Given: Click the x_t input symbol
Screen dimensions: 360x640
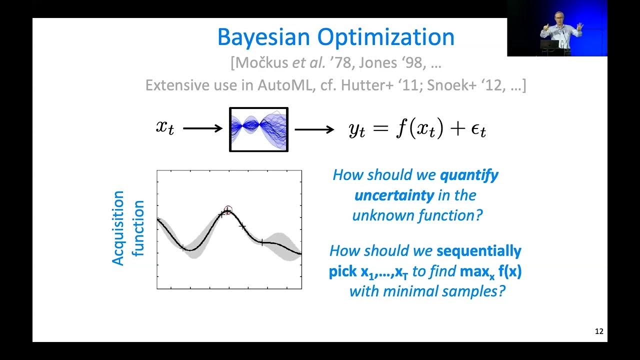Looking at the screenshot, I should (x=165, y=127).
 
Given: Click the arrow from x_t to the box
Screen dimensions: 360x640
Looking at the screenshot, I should (x=202, y=128).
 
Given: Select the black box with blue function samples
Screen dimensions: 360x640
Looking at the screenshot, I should (x=258, y=129).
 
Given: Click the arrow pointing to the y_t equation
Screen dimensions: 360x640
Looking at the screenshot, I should (x=314, y=129).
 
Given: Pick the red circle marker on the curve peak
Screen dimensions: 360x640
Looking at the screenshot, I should (x=228, y=210).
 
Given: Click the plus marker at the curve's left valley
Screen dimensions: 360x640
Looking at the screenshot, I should (x=183, y=247).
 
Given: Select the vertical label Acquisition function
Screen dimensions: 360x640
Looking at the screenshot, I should (x=127, y=229).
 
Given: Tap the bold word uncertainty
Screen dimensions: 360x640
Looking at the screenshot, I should (x=394, y=195).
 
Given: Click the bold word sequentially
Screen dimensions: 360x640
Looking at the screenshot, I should (x=478, y=250).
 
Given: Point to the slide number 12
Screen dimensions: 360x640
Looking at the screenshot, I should (x=598, y=331).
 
